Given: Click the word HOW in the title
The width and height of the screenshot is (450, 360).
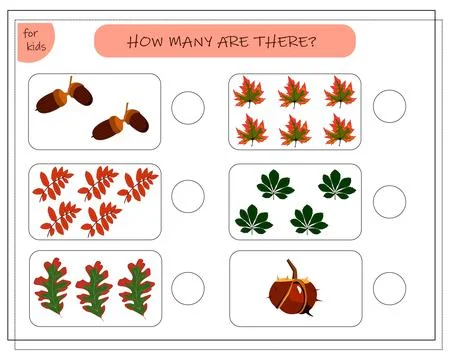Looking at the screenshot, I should pyautogui.click(x=146, y=42).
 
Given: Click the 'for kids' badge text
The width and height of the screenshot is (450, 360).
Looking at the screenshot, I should pyautogui.click(x=33, y=41).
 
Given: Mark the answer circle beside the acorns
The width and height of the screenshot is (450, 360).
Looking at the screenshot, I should pyautogui.click(x=188, y=108).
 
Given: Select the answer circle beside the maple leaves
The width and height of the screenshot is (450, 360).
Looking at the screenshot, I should pyautogui.click(x=389, y=106).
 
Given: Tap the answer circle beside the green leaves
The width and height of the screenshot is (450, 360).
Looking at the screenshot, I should pyautogui.click(x=389, y=201).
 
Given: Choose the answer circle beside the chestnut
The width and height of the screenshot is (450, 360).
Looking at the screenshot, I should pyautogui.click(x=389, y=290).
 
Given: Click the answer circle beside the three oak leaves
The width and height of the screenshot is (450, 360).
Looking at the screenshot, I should pyautogui.click(x=188, y=290).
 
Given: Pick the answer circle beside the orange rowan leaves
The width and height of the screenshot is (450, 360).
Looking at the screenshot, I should pyautogui.click(x=188, y=196).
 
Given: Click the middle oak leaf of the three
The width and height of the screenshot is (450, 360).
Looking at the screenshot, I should pyautogui.click(x=95, y=288).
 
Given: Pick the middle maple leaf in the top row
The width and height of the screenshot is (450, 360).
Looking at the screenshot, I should pyautogui.click(x=294, y=93).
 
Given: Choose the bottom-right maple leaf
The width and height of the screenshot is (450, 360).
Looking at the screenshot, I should pyautogui.click(x=340, y=128).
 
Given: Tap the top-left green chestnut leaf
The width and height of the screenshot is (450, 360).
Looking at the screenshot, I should pyautogui.click(x=275, y=184).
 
